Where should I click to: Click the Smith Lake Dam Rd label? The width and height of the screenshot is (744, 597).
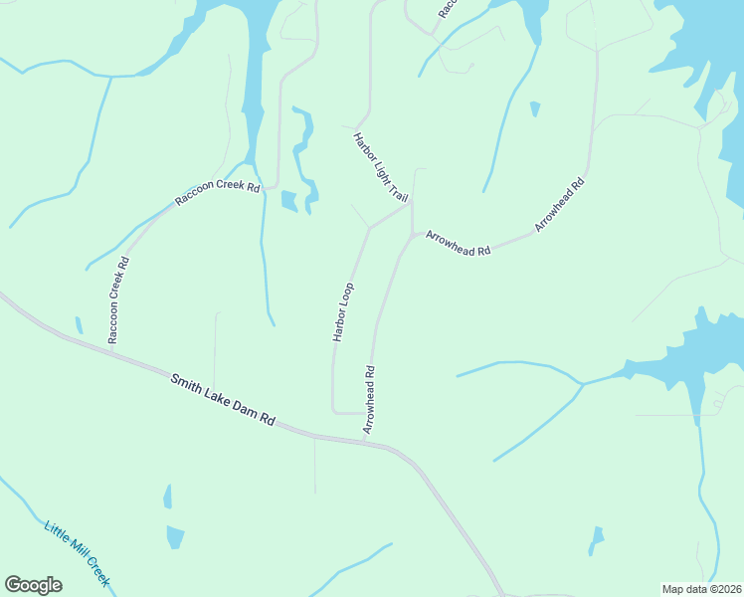[222, 400]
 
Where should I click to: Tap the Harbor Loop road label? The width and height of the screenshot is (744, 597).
[343, 312]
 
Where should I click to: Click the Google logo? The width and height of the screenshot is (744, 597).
[33, 584]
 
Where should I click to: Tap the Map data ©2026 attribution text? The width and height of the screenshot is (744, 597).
[702, 589]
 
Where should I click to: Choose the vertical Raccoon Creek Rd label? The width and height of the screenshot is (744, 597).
[117, 301]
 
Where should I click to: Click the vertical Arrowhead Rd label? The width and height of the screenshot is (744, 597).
[369, 399]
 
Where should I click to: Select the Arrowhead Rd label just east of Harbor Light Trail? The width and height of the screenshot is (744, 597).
[459, 244]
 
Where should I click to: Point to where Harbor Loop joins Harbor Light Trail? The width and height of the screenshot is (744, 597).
[369, 228]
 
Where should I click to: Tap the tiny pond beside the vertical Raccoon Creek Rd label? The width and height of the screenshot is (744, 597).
[78, 324]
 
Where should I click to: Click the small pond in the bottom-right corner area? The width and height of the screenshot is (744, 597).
[596, 540]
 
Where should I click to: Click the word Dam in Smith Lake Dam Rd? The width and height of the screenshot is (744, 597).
[243, 408]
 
